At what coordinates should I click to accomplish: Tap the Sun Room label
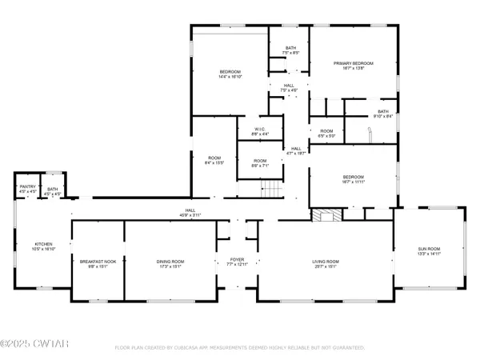pyautogui.click(x=429, y=251)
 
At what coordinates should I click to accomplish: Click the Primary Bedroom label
pyautogui.click(x=353, y=65)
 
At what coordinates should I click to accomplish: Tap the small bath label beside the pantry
pyautogui.click(x=51, y=190)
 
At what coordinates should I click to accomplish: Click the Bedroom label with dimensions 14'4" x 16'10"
pyautogui.click(x=230, y=74)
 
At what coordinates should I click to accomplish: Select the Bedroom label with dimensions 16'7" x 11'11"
pyautogui.click(x=353, y=179)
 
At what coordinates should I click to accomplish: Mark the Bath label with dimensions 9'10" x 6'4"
pyautogui.click(x=382, y=114)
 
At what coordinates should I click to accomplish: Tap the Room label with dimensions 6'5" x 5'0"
pyautogui.click(x=326, y=133)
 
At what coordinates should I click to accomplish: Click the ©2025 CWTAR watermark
pyautogui.click(x=26, y=346)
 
